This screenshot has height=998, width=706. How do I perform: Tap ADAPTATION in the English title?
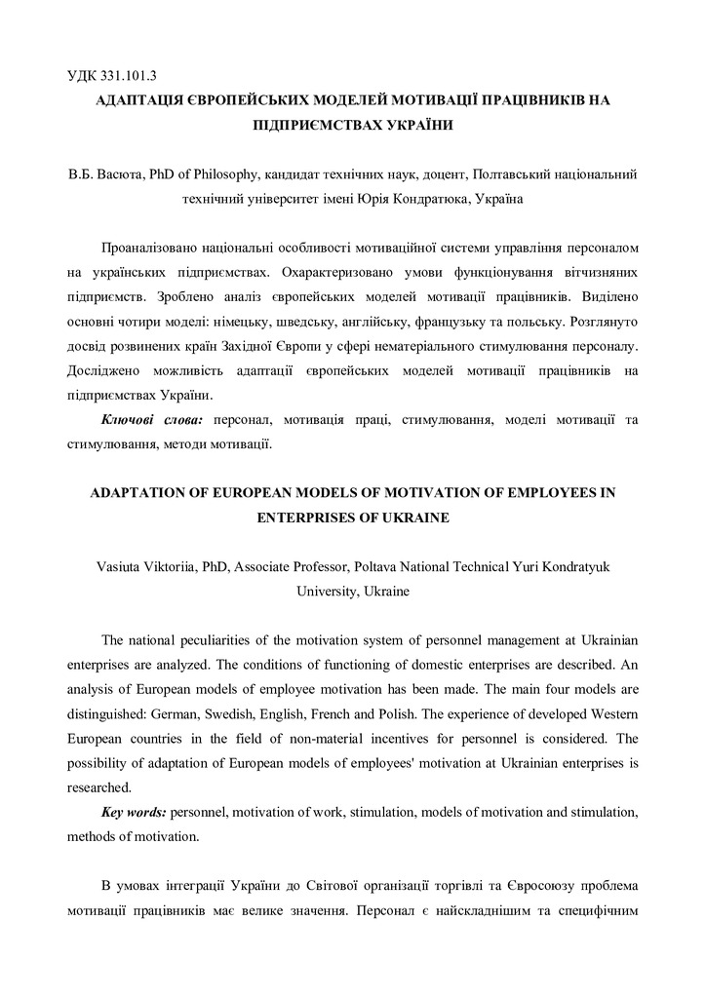point(140,493)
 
